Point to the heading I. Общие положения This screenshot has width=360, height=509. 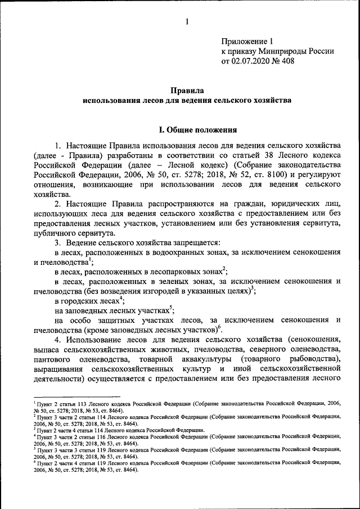tap(187, 130)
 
